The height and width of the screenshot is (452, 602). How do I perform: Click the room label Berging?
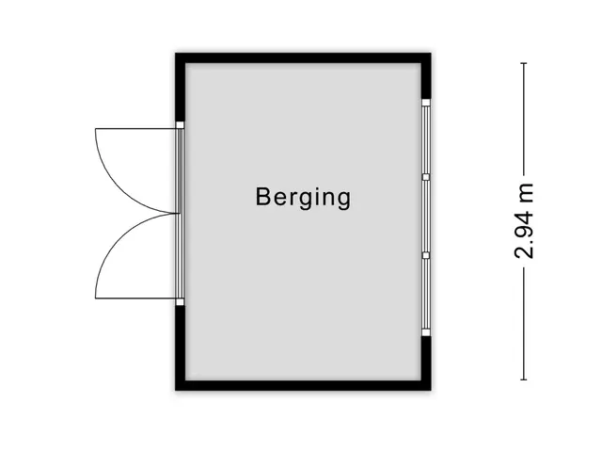point(303,197)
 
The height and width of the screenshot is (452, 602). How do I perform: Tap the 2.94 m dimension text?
point(524,221)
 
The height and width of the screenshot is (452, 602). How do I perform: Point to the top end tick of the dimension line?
point(524,63)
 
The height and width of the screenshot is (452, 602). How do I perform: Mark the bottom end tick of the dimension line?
point(524,379)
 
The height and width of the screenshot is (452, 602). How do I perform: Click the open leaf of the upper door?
point(135,128)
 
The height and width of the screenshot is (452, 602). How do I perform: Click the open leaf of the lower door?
point(135,299)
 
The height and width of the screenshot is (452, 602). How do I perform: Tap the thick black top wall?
point(303,58)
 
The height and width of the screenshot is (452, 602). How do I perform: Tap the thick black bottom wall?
point(303,385)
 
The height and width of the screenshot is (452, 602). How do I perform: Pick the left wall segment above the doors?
point(181,88)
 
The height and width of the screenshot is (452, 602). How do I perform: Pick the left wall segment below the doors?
point(181,348)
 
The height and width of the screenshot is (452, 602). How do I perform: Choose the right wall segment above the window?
point(426,76)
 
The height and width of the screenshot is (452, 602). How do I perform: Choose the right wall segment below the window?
point(426,363)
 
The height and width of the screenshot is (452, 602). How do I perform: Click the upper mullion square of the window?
point(426,177)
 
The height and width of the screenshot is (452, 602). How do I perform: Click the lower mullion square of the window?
point(426,255)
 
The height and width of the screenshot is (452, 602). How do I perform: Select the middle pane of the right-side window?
point(426,216)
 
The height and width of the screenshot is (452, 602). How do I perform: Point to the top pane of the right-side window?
point(426,140)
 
